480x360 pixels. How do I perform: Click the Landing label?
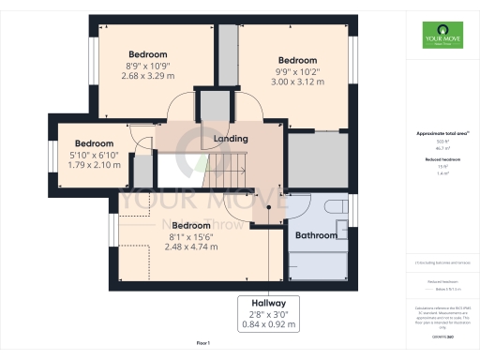[x=231, y=139]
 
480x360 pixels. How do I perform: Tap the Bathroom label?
[x=316, y=235]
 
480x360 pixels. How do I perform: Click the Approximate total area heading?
[x=438, y=133]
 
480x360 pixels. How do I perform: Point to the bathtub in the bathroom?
[x=319, y=267]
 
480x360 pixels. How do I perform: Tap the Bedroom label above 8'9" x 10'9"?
[x=148, y=54]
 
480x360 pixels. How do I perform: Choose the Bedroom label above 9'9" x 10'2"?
[x=297, y=59]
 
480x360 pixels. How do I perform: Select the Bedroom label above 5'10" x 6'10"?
[x=94, y=143]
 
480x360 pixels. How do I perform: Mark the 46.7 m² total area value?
[x=438, y=148]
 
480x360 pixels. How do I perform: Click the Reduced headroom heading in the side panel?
[x=438, y=160]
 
